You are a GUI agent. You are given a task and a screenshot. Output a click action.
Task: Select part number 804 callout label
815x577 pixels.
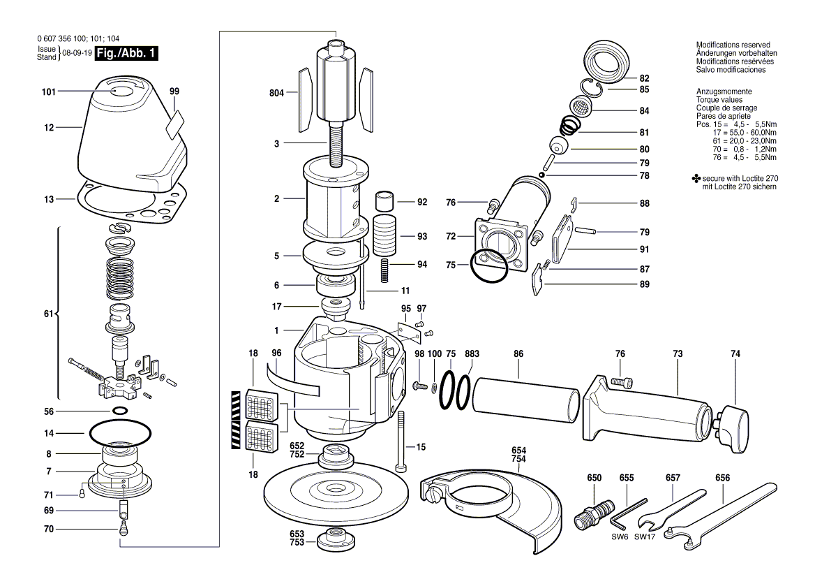pos(278,92)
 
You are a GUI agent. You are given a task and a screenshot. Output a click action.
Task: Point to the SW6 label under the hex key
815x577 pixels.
pos(620,537)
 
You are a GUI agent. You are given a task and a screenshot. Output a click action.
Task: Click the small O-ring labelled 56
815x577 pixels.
pos(120,411)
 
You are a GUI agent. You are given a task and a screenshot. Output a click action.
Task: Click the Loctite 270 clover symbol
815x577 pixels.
pos(695,180)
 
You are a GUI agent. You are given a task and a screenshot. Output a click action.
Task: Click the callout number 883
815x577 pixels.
pos(472,354)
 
